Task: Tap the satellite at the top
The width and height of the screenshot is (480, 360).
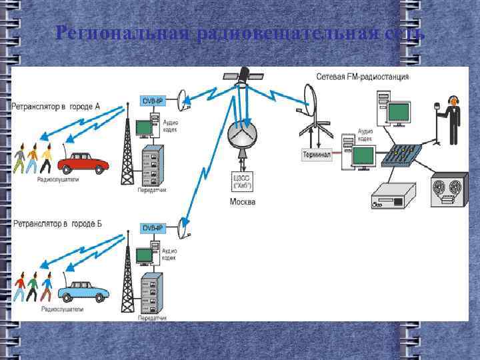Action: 243,75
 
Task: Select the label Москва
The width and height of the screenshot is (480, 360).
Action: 242,201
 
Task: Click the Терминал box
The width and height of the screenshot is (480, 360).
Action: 316,155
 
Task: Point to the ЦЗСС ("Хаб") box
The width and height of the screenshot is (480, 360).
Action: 242,181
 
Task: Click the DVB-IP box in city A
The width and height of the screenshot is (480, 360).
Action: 150,101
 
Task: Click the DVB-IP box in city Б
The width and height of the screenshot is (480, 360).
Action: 150,228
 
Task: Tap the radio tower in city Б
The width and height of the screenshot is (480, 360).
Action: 127,277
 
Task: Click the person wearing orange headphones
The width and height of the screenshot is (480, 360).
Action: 454,120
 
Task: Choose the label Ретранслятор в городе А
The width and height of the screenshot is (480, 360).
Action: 56,106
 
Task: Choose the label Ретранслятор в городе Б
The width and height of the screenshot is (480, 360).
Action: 57,223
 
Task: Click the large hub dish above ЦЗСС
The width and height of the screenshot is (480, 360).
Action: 242,135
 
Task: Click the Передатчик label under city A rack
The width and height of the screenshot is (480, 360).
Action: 152,191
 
